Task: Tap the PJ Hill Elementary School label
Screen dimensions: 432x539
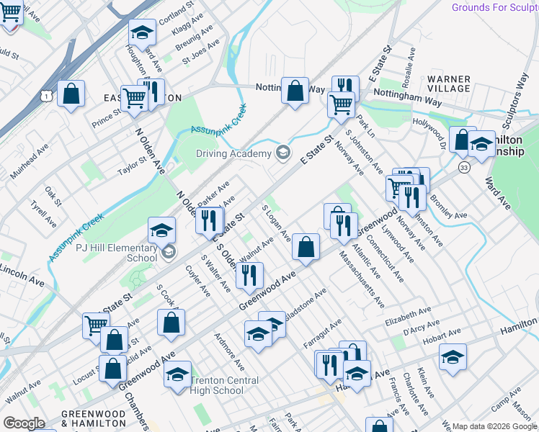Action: [x=117, y=252]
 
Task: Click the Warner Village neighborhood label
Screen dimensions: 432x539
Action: [x=449, y=84]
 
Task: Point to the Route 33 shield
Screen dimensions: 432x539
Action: [x=463, y=167]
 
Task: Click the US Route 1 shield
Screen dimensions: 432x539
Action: [x=45, y=94]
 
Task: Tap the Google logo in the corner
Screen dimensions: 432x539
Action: [x=24, y=423]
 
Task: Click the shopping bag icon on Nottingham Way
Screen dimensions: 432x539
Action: [x=294, y=91]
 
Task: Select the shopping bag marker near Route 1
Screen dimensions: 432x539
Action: [x=71, y=94]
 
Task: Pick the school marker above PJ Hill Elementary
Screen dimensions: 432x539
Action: [x=162, y=230]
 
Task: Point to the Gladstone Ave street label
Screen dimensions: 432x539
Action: [x=306, y=305]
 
